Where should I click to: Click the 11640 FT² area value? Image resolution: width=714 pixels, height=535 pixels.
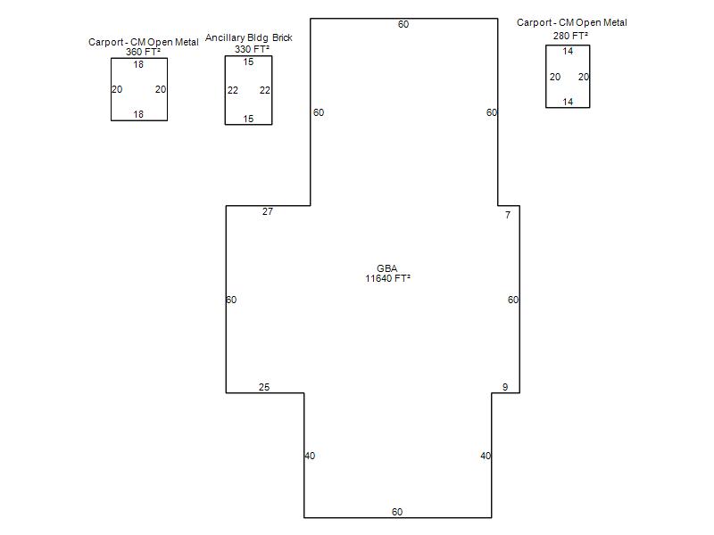pyautogui.click(x=387, y=278)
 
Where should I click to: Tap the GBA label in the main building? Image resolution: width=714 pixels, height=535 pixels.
pyautogui.click(x=387, y=268)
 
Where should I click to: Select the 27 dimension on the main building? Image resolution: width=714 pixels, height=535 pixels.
pyautogui.click(x=268, y=211)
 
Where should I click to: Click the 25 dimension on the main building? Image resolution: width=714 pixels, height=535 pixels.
pyautogui.click(x=264, y=387)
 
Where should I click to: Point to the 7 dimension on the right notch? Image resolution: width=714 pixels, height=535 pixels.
pyautogui.click(x=508, y=215)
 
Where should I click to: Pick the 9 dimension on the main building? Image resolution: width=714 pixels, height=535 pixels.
pyautogui.click(x=505, y=387)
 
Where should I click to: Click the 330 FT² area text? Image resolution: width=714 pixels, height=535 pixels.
pyautogui.click(x=252, y=49)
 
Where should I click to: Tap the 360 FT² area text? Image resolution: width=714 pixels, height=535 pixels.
pyautogui.click(x=143, y=52)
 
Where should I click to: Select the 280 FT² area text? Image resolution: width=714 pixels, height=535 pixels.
pyautogui.click(x=570, y=36)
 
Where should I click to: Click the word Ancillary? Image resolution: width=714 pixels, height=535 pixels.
pyautogui.click(x=225, y=37)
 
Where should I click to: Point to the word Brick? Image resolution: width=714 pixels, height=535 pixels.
pyautogui.click(x=282, y=37)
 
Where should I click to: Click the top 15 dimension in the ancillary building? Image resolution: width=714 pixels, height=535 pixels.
pyautogui.click(x=248, y=62)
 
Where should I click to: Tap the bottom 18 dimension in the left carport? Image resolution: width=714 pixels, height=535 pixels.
pyautogui.click(x=138, y=114)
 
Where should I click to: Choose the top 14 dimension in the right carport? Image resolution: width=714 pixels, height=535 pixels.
pyautogui.click(x=568, y=51)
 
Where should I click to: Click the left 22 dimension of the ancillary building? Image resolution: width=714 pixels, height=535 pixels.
pyautogui.click(x=233, y=90)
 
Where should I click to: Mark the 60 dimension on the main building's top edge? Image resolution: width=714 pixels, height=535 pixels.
pyautogui.click(x=403, y=25)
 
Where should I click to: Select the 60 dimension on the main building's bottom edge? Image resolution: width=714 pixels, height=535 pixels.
pyautogui.click(x=397, y=512)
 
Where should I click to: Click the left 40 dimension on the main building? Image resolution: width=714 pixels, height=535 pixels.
pyautogui.click(x=310, y=456)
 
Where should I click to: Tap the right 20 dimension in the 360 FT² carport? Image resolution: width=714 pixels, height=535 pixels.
pyautogui.click(x=161, y=89)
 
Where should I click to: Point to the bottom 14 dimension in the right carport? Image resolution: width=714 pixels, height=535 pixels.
pyautogui.click(x=568, y=102)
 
